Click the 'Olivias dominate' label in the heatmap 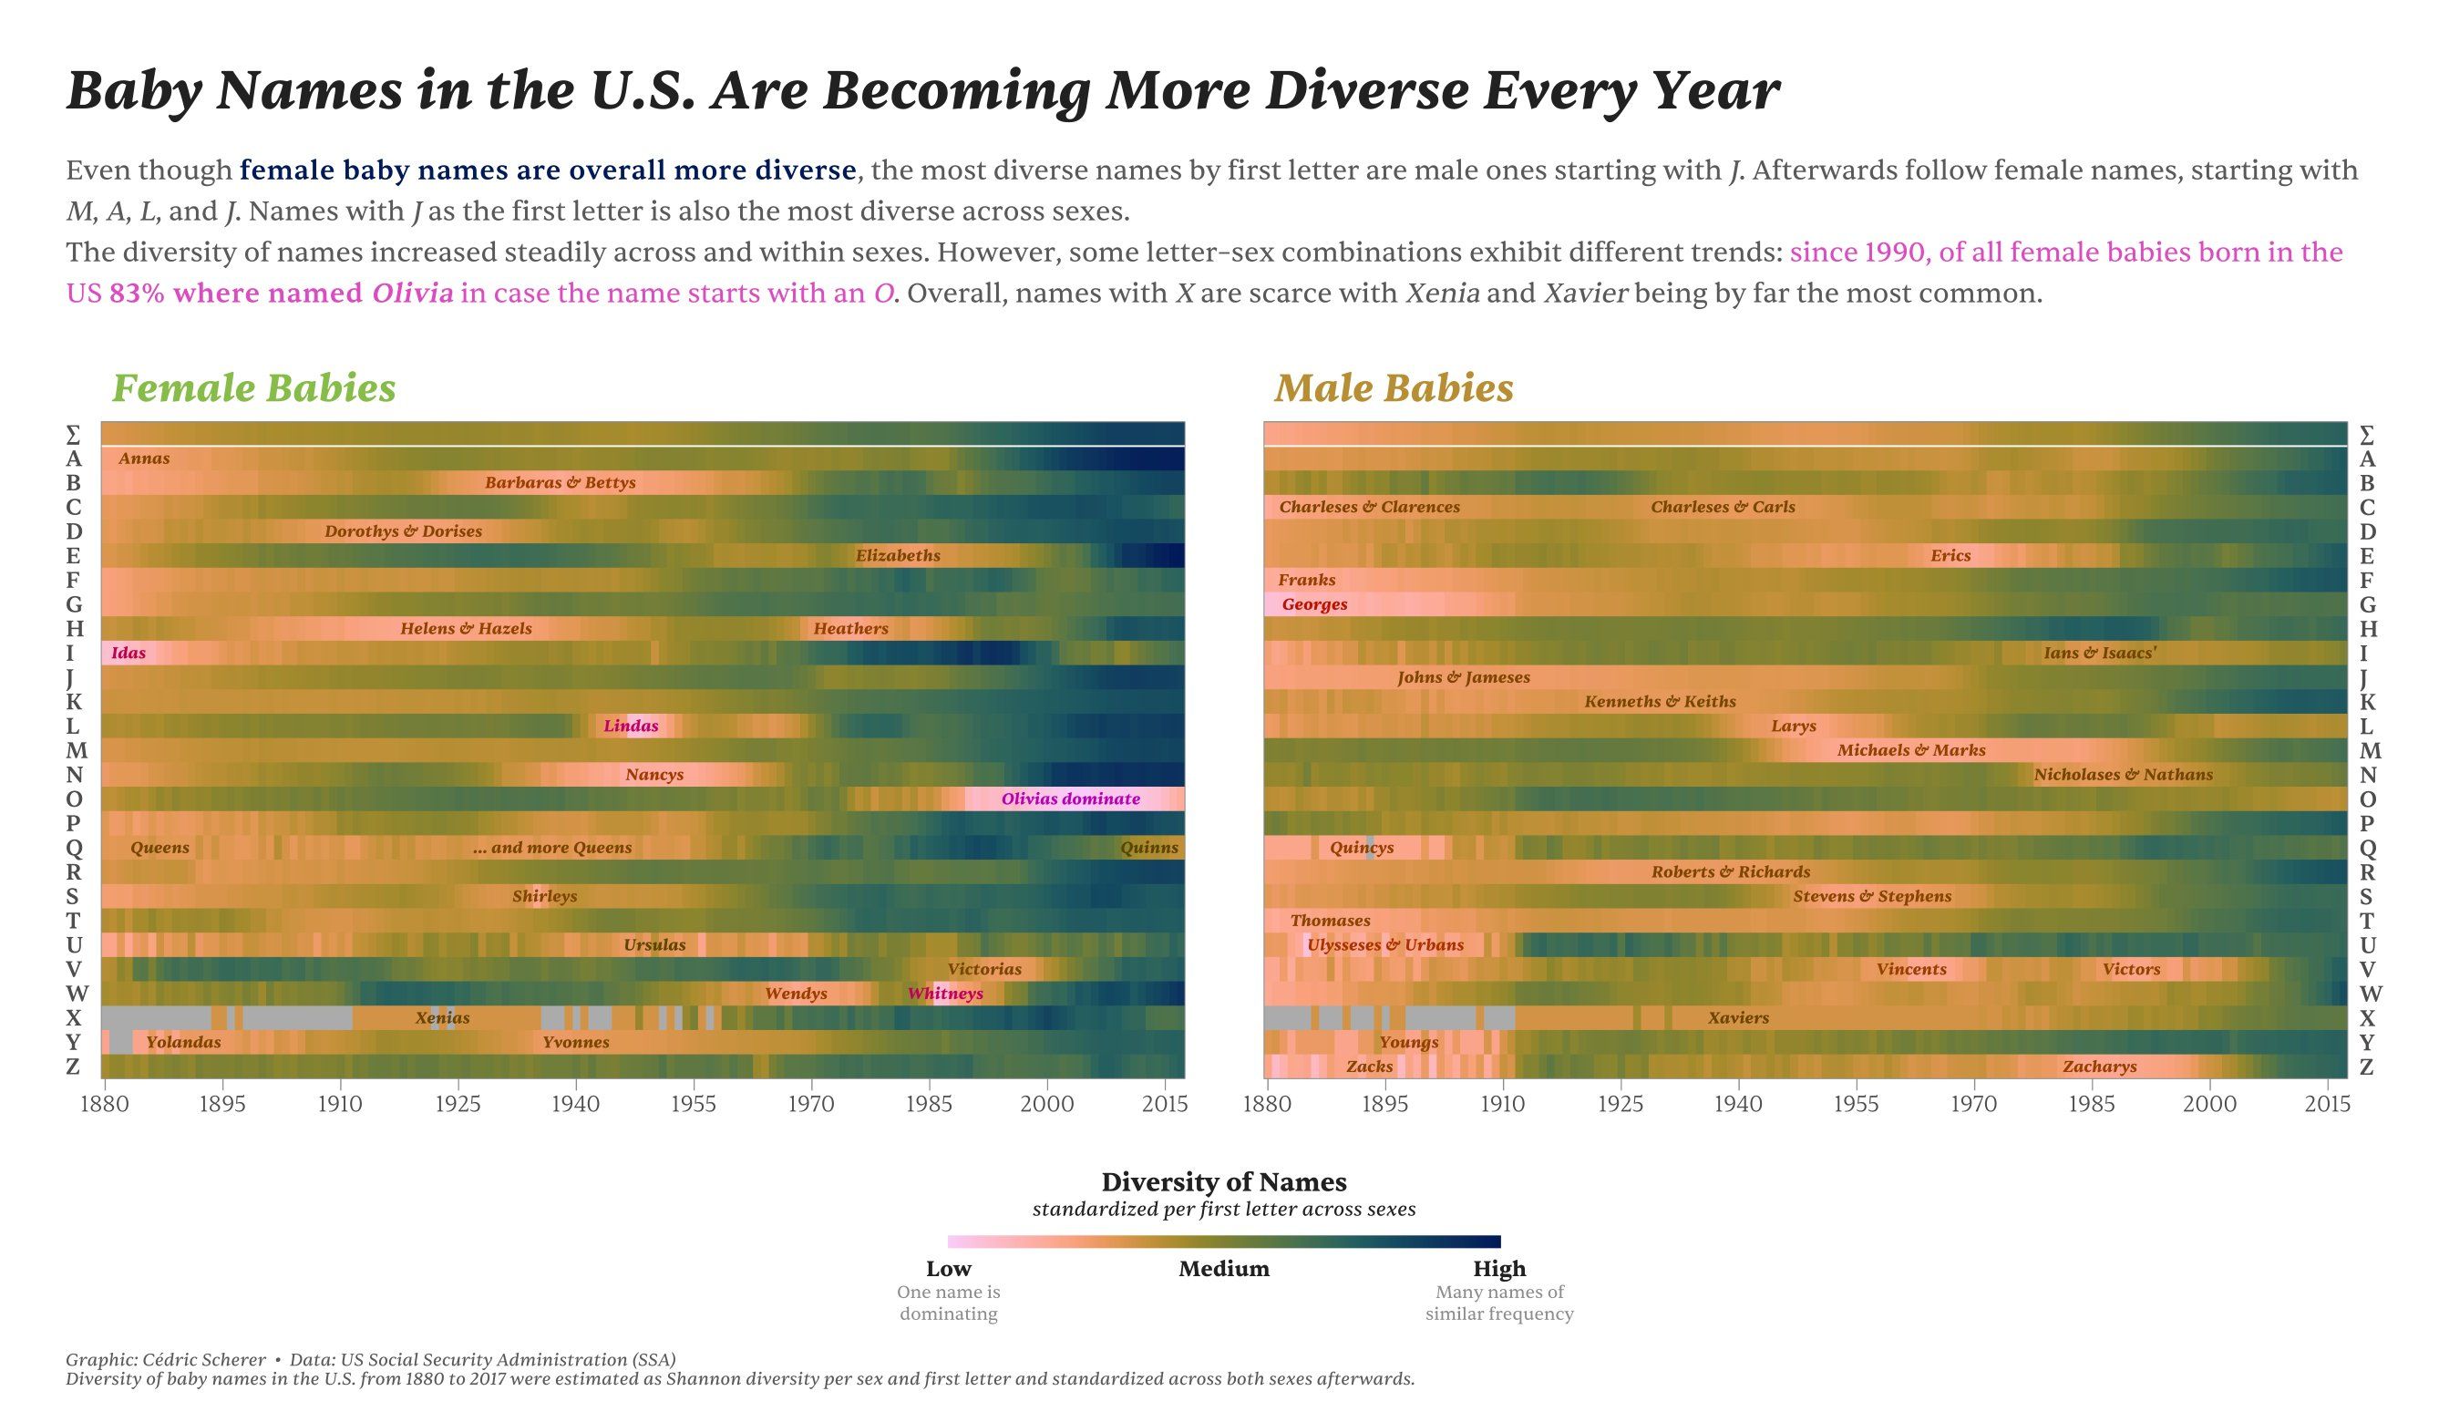(x=1070, y=799)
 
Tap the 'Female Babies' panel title (x=253, y=387)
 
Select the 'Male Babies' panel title (x=1394, y=387)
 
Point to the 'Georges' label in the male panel (x=1314, y=604)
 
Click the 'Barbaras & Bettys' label (x=560, y=483)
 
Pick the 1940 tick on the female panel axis (x=575, y=1104)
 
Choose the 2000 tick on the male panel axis (x=2209, y=1104)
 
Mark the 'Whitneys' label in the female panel (x=944, y=994)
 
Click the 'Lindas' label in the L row (x=631, y=726)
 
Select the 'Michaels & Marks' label (x=1910, y=750)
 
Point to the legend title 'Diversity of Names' (x=1223, y=1182)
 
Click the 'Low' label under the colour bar (x=949, y=1269)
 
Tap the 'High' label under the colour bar (x=1498, y=1269)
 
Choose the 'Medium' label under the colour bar (x=1223, y=1269)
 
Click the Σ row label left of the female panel (x=73, y=435)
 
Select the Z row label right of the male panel (x=2366, y=1066)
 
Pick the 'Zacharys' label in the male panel (x=2099, y=1066)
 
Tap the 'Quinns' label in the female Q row (x=1148, y=848)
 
